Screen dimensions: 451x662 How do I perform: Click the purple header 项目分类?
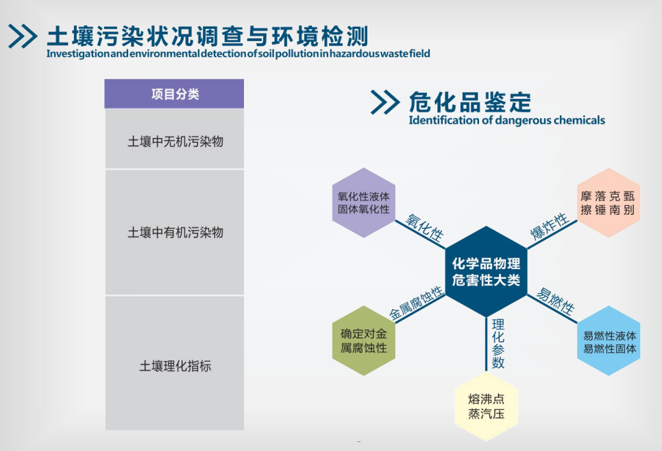pyautogui.click(x=175, y=94)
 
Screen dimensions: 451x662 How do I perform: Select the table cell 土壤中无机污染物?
pyautogui.click(x=175, y=141)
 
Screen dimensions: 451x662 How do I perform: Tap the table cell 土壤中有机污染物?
pyautogui.click(x=175, y=232)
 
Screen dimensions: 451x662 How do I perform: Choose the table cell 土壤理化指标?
pyautogui.click(x=175, y=365)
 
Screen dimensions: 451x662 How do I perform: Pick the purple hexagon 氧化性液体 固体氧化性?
pyautogui.click(x=363, y=203)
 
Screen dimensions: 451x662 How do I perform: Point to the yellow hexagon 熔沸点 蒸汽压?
pyautogui.click(x=486, y=406)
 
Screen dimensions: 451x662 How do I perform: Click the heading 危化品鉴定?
pyautogui.click(x=470, y=102)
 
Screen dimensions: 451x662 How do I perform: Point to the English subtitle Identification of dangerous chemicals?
pyautogui.click(x=506, y=120)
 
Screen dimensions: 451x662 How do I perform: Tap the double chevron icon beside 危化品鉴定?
pyautogui.click(x=384, y=102)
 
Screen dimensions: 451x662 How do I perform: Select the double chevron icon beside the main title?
pyautogui.click(x=23, y=36)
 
